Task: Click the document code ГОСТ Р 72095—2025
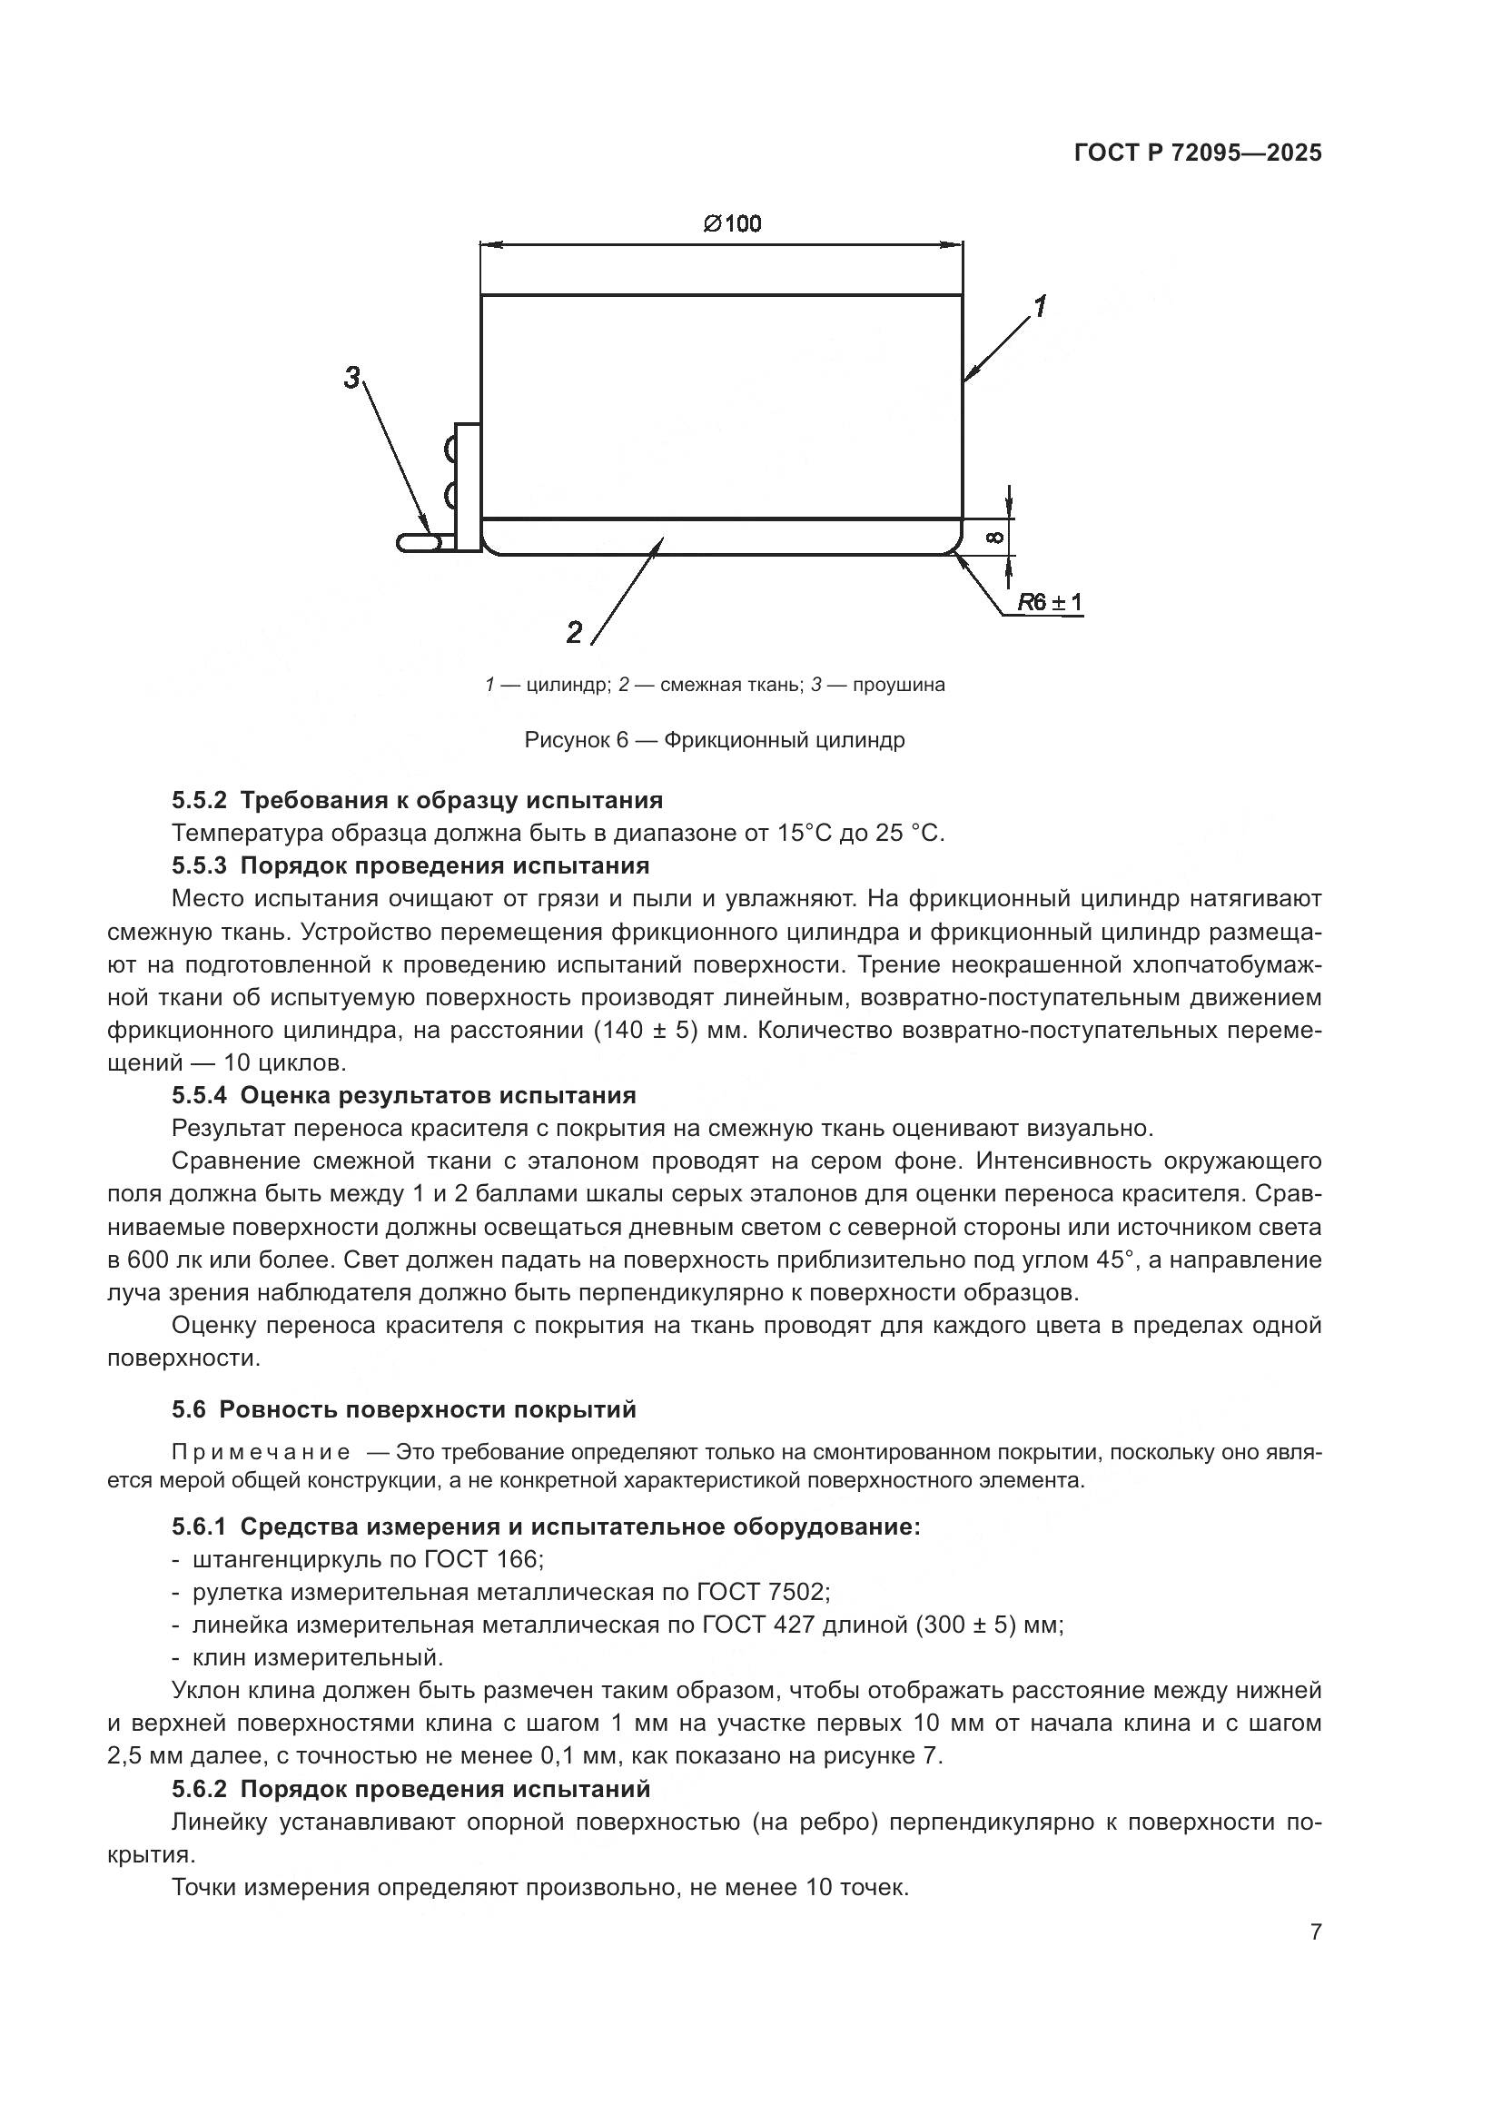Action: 1198,153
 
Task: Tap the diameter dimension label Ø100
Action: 732,223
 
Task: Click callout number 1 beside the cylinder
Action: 1040,306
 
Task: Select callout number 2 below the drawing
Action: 574,633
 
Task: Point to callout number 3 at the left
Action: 352,378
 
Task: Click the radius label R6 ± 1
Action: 1050,602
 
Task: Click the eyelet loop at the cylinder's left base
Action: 418,542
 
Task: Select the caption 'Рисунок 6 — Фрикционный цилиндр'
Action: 714,740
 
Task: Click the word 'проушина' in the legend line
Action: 899,686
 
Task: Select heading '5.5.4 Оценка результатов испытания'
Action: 404,1095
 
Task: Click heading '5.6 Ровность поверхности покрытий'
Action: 404,1409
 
